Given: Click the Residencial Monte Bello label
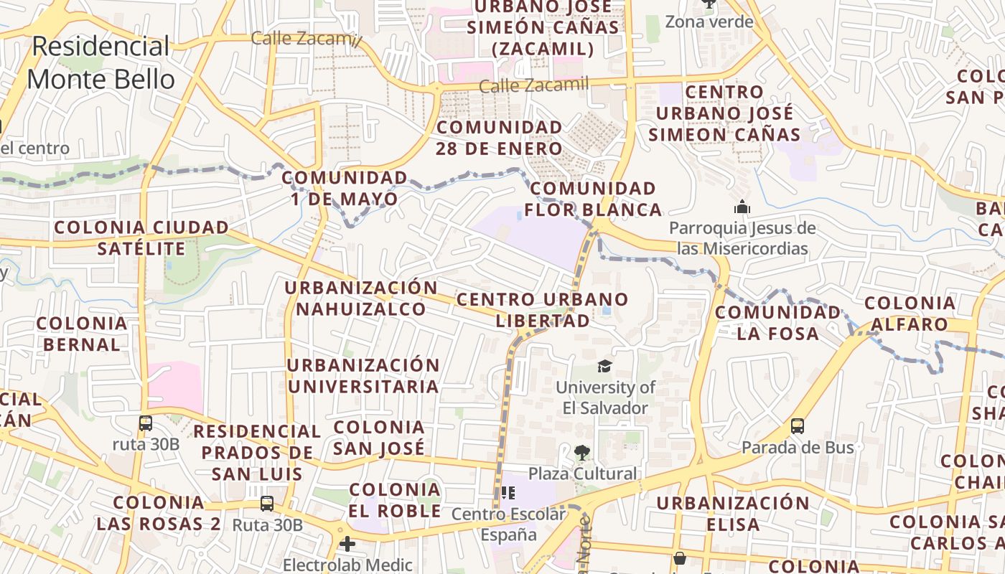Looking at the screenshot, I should (x=100, y=62).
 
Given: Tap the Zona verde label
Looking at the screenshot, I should (x=709, y=22).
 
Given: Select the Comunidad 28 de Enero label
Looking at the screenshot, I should (x=500, y=138).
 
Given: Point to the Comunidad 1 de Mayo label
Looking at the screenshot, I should (x=345, y=188).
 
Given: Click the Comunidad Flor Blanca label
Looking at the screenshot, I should (x=593, y=199).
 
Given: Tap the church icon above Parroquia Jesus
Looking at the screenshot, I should (x=742, y=208).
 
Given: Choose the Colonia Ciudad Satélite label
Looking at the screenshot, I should (x=141, y=238).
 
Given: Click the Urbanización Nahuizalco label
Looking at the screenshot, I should (x=361, y=298).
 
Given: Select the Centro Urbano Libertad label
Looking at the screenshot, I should (x=543, y=309).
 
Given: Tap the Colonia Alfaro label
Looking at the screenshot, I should (x=910, y=314).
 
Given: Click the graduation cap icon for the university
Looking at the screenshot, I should (x=605, y=367).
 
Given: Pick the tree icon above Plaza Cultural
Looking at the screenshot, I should (x=581, y=453).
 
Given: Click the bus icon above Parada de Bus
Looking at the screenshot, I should (x=798, y=426).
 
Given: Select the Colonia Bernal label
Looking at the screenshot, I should (x=82, y=334).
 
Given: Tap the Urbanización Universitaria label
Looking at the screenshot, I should (x=363, y=375).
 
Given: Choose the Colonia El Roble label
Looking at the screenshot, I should (x=395, y=500).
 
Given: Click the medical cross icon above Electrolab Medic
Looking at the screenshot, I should (x=347, y=544).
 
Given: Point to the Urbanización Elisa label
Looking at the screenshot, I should (x=733, y=513).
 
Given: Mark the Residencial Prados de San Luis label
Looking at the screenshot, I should (x=257, y=453).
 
